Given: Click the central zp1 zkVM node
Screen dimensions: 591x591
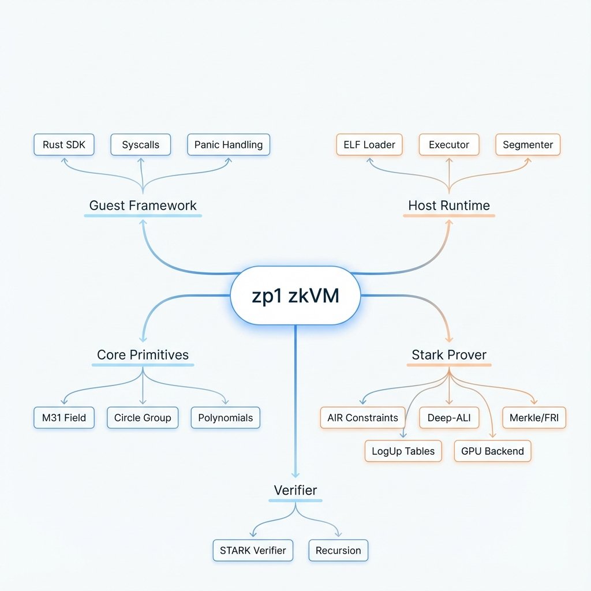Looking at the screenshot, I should (295, 295).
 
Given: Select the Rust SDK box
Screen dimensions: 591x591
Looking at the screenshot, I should (63, 144).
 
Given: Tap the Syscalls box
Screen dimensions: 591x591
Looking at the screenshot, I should (140, 144).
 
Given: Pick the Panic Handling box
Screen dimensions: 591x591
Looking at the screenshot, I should (229, 144).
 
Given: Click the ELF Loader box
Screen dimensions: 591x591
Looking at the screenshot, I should (369, 144).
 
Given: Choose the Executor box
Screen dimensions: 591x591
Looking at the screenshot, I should (449, 144).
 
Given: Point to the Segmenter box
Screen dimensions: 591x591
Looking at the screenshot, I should (528, 144).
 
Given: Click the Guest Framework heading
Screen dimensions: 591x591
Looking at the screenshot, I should (143, 205).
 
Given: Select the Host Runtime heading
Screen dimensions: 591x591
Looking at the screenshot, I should (449, 205).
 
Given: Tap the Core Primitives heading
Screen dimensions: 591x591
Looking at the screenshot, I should (143, 355).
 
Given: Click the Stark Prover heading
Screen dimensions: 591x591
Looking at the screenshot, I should (449, 355).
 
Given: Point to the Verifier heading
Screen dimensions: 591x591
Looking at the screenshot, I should (295, 490).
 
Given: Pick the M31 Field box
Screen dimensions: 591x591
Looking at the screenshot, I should (63, 417).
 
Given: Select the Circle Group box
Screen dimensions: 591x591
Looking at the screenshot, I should (143, 417).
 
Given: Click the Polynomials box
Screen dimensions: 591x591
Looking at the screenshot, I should (226, 417).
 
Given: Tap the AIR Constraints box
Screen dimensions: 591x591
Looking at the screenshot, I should (362, 417).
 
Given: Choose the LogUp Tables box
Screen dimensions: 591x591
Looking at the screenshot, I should (403, 451).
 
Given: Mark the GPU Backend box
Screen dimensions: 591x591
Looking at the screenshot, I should (492, 451).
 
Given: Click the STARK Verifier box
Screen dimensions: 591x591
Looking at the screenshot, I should (253, 550).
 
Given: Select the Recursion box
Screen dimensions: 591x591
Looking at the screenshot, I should (338, 550).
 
